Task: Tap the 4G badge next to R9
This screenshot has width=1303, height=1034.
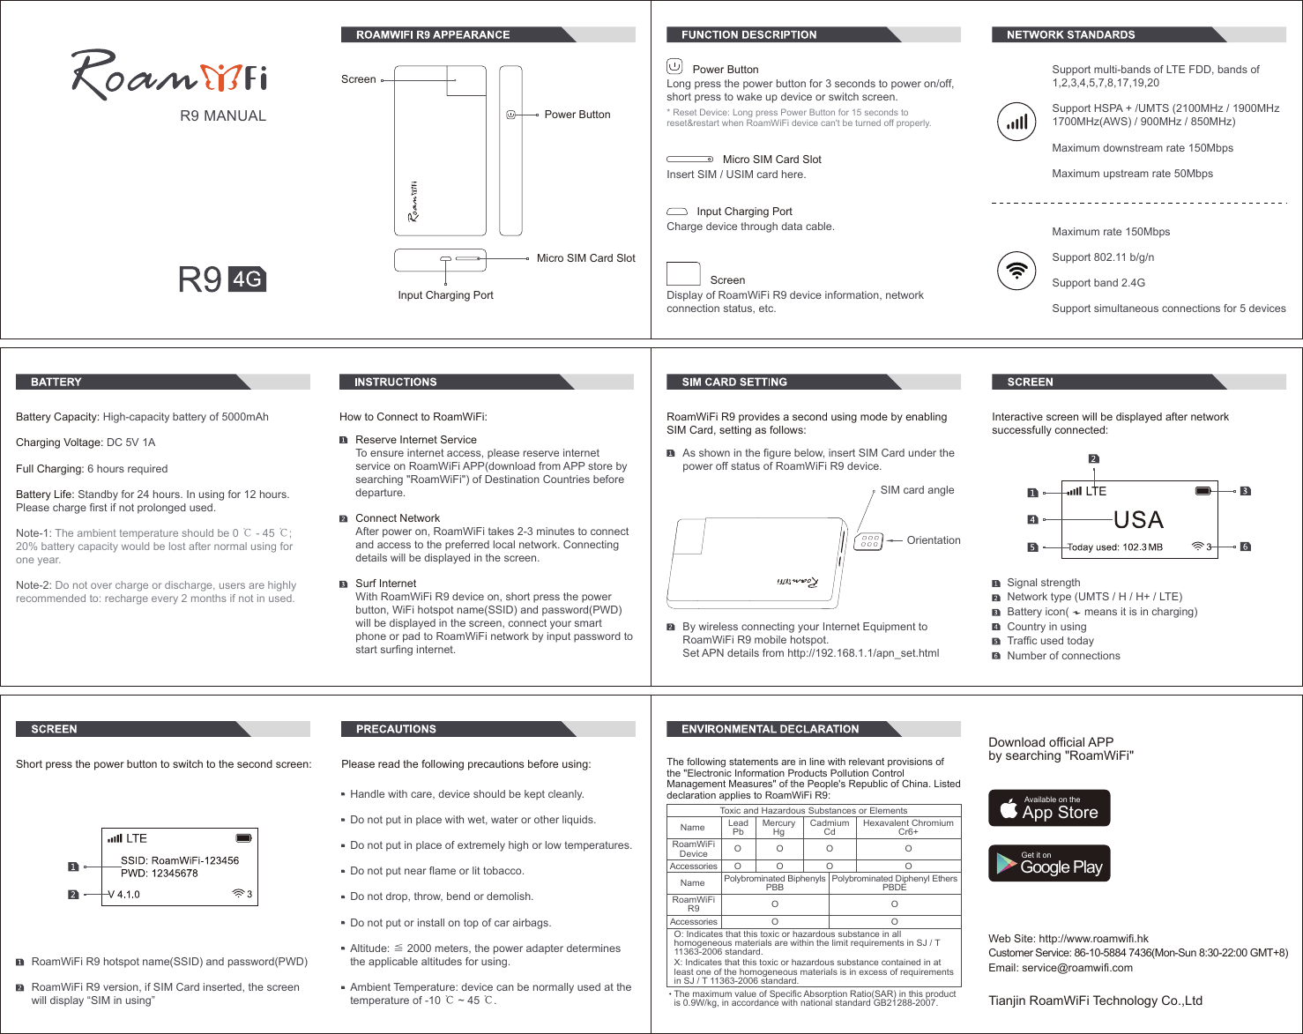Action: (247, 279)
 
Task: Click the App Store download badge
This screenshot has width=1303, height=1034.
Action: (1049, 807)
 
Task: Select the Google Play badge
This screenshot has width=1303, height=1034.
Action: (1049, 863)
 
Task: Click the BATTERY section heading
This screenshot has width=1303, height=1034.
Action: (56, 382)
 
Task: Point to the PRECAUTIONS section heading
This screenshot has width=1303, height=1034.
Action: (396, 729)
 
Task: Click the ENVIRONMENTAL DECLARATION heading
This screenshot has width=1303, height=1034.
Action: (770, 729)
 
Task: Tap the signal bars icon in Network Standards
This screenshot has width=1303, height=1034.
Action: (1016, 122)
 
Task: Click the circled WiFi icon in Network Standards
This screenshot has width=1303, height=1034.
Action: (1016, 271)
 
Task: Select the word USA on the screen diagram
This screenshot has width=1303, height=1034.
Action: (1138, 519)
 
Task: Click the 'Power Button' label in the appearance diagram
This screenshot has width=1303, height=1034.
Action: (577, 115)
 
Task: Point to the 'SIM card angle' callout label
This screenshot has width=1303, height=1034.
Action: (917, 490)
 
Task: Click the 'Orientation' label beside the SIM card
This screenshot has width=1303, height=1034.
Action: (934, 540)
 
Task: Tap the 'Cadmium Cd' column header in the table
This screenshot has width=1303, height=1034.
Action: (830, 827)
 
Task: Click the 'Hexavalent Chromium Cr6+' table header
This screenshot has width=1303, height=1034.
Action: (908, 827)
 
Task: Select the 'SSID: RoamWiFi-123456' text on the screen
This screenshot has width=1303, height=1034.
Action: (180, 860)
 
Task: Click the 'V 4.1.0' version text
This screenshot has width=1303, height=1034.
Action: (124, 894)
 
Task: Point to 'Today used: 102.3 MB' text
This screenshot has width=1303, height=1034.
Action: (1115, 547)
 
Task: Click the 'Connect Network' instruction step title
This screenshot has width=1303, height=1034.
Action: (398, 518)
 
